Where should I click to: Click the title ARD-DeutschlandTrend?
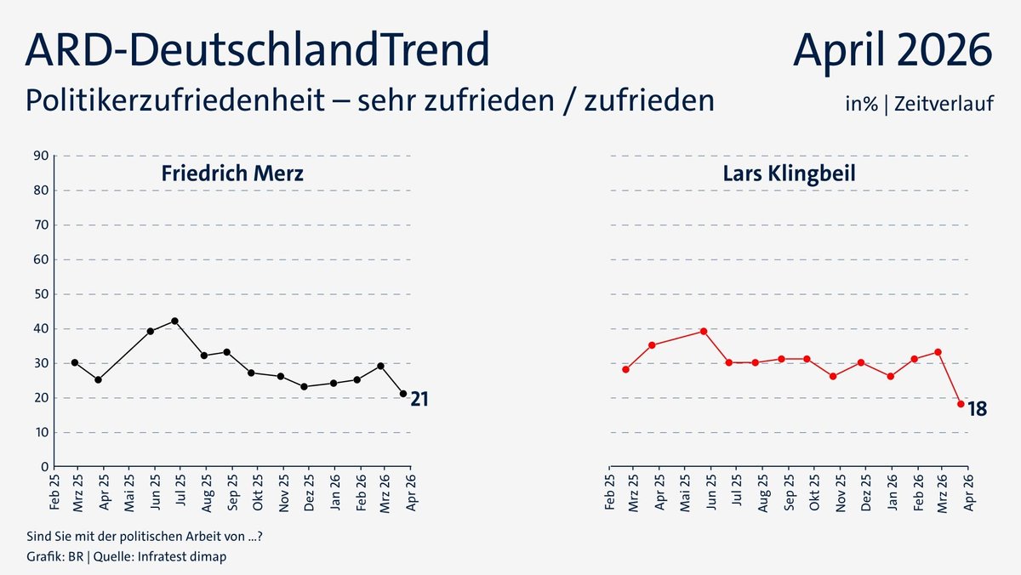click(x=257, y=50)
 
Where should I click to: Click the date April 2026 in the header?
click(x=893, y=50)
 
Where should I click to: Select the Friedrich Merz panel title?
click(x=232, y=174)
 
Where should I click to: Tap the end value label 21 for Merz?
click(x=419, y=398)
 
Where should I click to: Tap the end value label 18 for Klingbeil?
click(x=977, y=409)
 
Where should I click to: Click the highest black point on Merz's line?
click(x=175, y=321)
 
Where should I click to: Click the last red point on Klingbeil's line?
click(x=961, y=404)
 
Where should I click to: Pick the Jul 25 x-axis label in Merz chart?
click(x=180, y=493)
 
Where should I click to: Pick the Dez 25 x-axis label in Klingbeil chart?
click(x=865, y=493)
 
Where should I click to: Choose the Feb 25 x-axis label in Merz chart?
click(x=54, y=493)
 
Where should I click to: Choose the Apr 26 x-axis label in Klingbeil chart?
click(x=967, y=493)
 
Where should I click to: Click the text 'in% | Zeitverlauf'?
click(x=919, y=104)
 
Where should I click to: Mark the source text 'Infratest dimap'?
click(x=188, y=557)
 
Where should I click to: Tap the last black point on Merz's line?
click(x=403, y=394)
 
